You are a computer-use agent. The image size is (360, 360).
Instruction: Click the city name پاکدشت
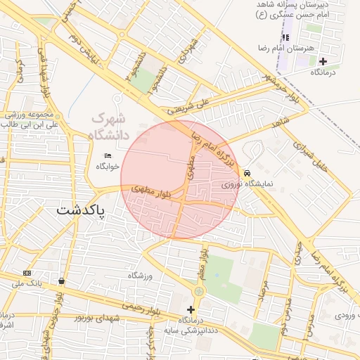tap(80, 210)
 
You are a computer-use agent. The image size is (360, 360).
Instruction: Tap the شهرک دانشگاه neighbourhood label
tap(111, 127)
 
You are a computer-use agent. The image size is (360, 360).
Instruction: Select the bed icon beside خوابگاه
tap(108, 155)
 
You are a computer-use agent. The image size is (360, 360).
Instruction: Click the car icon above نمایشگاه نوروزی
tap(247, 173)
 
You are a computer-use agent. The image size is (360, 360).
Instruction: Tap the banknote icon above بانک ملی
tap(27, 273)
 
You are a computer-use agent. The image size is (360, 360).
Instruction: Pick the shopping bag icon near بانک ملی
tap(62, 281)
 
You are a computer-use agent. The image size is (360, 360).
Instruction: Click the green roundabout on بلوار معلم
tap(199, 291)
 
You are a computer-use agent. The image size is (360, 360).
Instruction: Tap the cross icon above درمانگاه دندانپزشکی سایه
tap(191, 309)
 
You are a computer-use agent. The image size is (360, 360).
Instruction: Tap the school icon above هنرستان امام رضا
tap(285, 37)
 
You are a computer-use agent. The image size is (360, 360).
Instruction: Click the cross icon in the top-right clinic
tap(323, 61)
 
